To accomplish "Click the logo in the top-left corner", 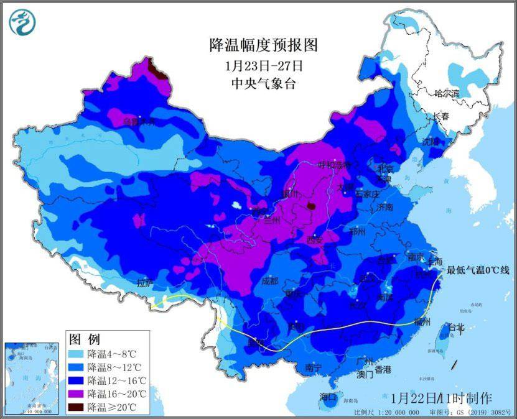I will click(x=22, y=22).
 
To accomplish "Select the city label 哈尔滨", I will click(x=446, y=94).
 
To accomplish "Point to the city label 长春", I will click(x=441, y=116).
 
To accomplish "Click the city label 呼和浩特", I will click(x=334, y=165).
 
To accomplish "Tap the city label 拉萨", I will click(x=145, y=283).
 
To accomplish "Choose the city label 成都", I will click(x=270, y=280).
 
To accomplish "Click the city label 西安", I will click(x=315, y=239).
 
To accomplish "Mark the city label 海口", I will click(x=328, y=397).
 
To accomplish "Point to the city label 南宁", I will click(x=314, y=368).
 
